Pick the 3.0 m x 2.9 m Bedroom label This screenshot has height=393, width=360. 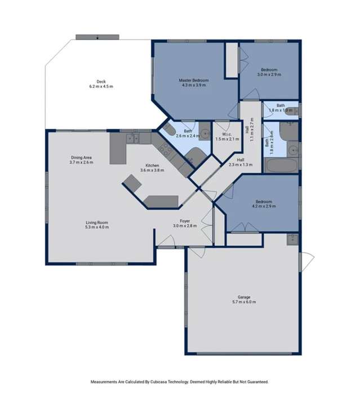pos(269,72)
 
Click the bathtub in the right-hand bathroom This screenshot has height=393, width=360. pos(281,166)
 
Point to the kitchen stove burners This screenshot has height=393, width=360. pos(166,149)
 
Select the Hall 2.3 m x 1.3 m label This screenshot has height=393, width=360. pos(240,162)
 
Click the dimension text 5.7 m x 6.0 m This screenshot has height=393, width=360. pos(243,302)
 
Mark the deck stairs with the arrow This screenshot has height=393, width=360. pos(97,37)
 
